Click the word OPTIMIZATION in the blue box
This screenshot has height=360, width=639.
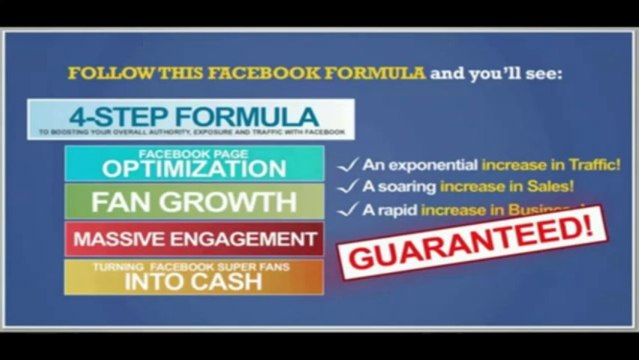coord(194,168)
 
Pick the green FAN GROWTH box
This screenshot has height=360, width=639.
coord(194,202)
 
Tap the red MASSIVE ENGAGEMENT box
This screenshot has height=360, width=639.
coord(194,240)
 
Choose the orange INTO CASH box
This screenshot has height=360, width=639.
coord(194,278)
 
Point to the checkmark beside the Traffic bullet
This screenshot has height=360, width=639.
coord(346,164)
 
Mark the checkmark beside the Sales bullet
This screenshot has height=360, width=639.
coord(346,186)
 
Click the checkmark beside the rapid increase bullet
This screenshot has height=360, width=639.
coord(346,209)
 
